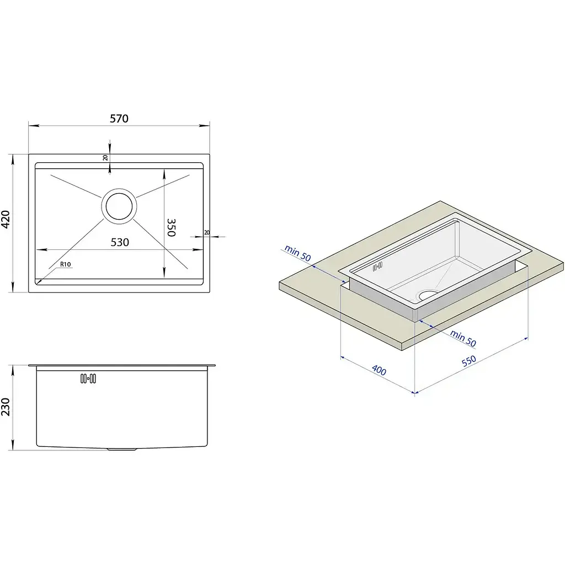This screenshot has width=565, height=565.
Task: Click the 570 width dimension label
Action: point(119,119)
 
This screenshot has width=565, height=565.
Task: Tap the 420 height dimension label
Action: point(6,220)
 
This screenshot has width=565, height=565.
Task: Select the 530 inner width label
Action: point(120,242)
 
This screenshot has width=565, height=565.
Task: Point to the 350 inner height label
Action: point(171,227)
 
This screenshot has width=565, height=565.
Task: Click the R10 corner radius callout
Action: point(66,264)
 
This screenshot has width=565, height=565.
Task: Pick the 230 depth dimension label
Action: point(6,407)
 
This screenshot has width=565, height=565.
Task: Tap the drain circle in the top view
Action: point(119,206)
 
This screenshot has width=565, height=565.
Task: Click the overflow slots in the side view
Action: point(88,379)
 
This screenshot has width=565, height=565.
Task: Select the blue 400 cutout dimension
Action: point(379,370)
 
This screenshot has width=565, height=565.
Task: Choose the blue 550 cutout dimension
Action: point(469,361)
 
